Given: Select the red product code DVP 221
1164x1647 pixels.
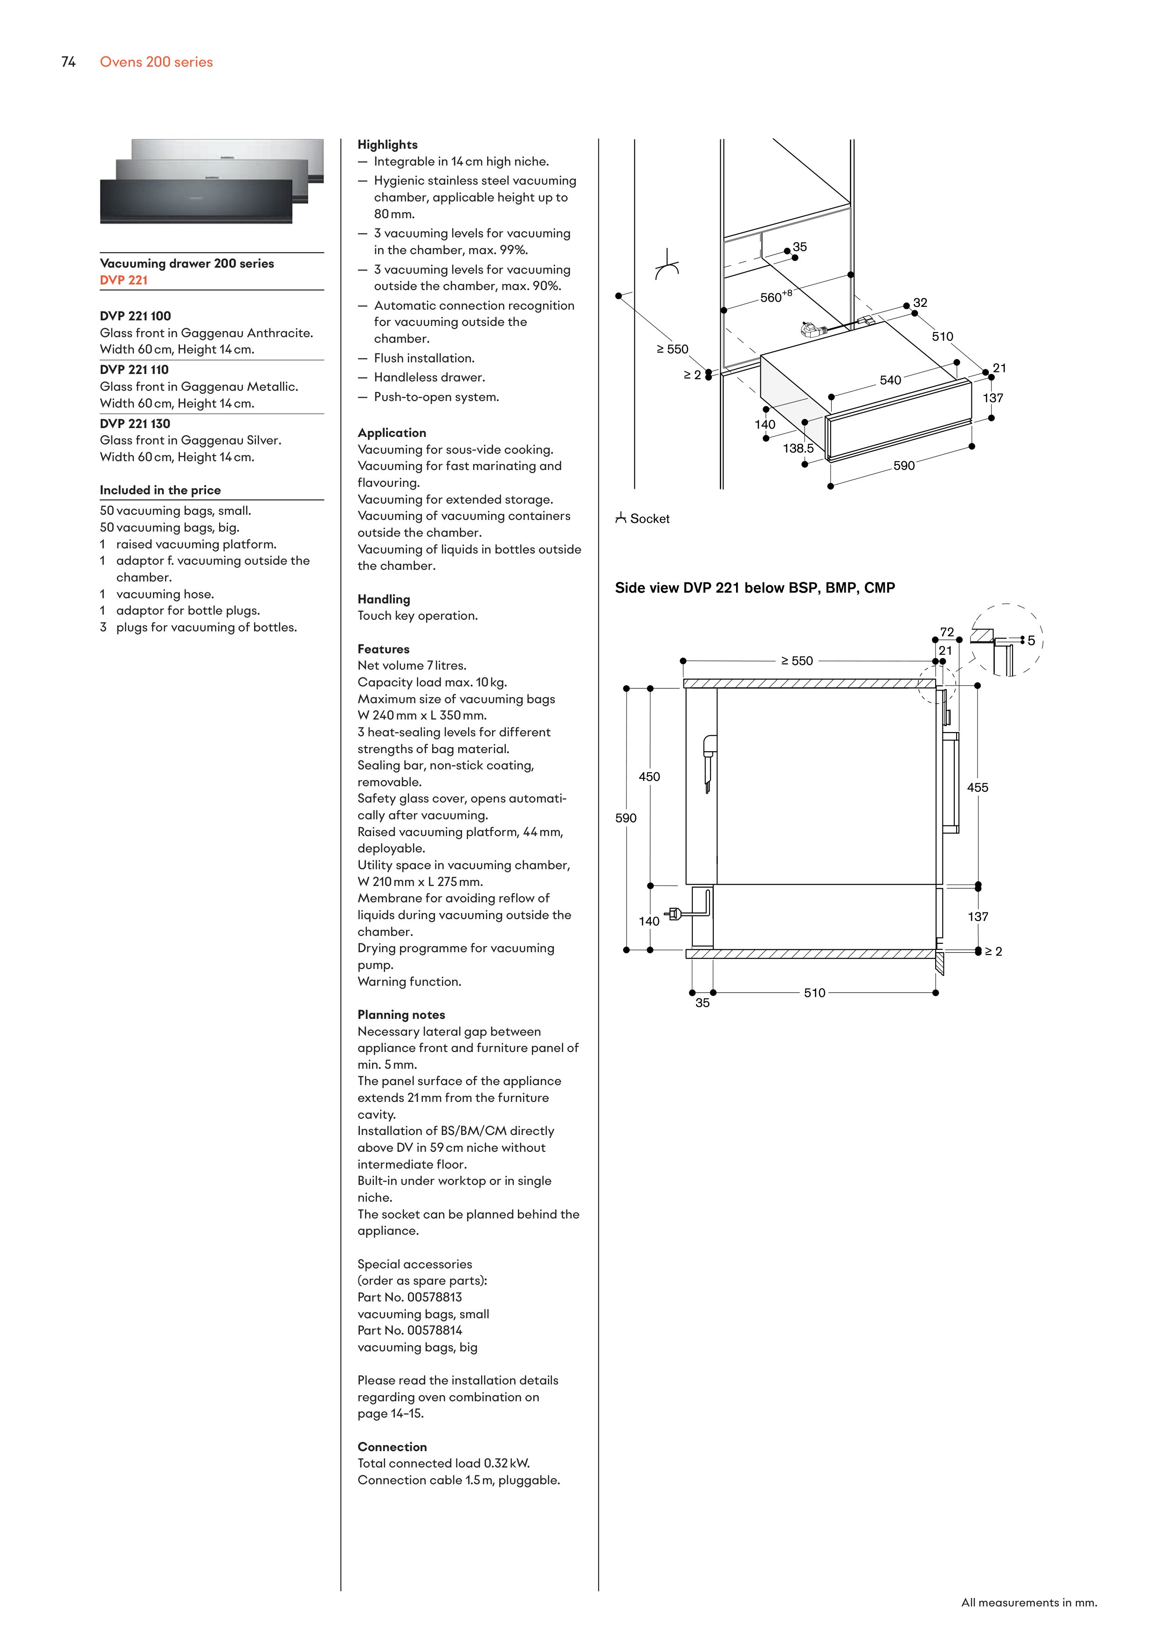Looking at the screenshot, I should [124, 280].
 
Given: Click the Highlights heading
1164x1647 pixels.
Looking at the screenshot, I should [387, 145].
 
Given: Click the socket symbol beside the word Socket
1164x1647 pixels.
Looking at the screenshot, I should [620, 518].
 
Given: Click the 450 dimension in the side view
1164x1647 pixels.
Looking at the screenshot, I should [649, 777].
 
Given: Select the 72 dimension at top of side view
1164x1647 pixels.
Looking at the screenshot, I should [947, 632].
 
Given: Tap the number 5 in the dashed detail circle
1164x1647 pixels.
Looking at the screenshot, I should [1031, 641].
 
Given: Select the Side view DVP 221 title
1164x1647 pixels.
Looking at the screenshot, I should [755, 588].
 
